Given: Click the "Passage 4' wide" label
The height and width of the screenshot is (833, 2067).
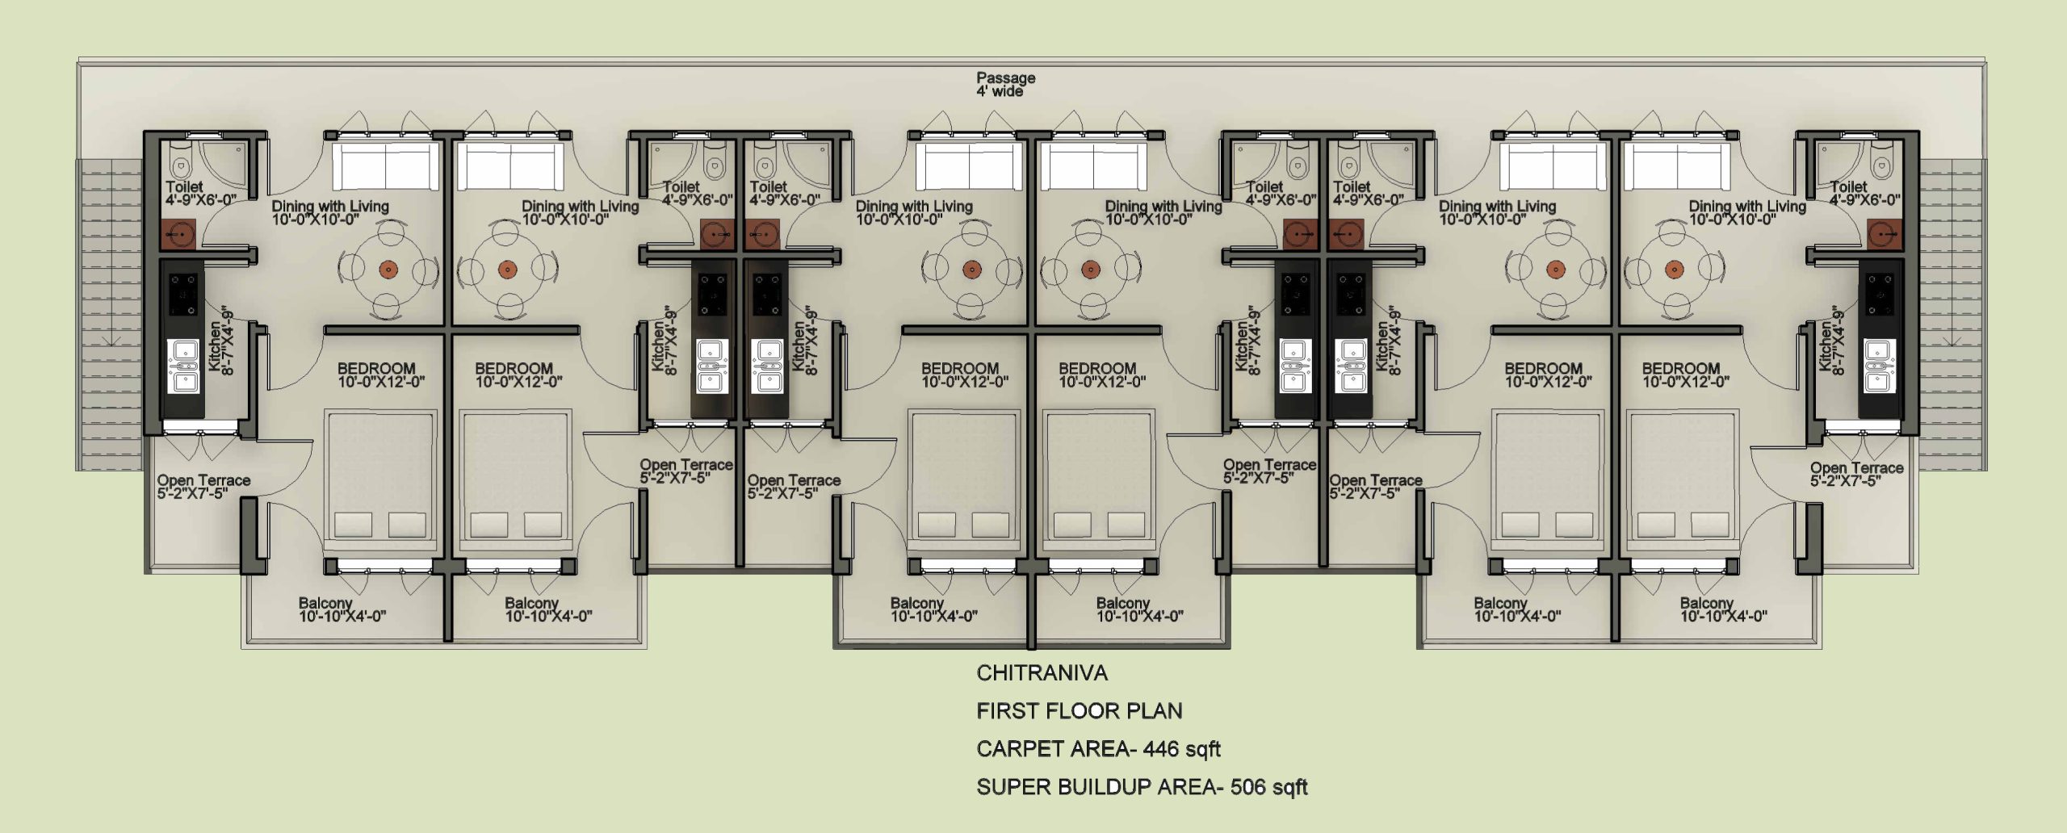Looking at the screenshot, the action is pos(1005,85).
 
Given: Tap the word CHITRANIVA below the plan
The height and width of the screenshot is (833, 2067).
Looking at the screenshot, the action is pos(1042,673).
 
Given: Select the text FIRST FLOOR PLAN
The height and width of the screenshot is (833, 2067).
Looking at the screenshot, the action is pos(1080,711).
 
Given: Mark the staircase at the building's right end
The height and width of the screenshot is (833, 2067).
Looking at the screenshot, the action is pos(1952,315).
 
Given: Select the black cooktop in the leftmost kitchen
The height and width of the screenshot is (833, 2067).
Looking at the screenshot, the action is pos(182,295).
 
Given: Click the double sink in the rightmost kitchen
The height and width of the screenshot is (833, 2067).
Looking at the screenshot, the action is pos(1880,366).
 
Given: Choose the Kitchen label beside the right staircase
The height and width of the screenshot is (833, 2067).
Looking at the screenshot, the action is pos(1830,347).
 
